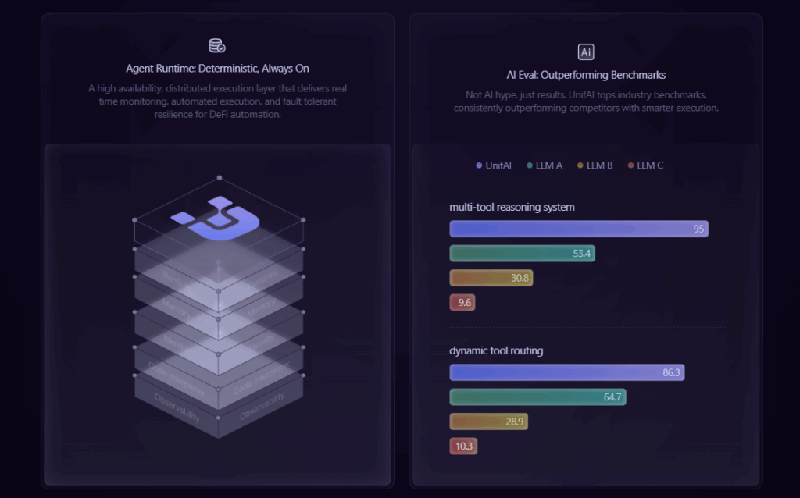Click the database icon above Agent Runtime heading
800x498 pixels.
point(217,46)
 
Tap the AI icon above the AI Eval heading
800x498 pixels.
point(586,52)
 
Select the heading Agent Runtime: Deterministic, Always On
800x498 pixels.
point(217,69)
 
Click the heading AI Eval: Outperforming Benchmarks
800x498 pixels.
point(586,75)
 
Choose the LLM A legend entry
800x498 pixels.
point(544,165)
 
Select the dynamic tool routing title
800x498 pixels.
point(496,350)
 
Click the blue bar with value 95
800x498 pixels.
point(579,229)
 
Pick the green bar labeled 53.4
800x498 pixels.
point(522,253)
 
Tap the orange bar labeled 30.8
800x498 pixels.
point(491,277)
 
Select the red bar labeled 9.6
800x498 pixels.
point(462,302)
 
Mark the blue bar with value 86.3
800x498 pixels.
point(566,372)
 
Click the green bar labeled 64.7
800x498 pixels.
point(537,397)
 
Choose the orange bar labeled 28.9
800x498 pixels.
point(488,422)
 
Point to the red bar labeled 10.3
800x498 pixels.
point(462,446)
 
